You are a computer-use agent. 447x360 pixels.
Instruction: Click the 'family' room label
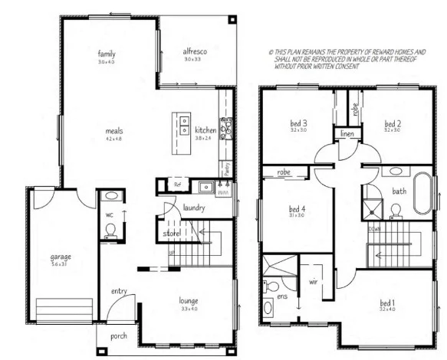[106, 54]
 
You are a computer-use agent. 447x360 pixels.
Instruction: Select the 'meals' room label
[114, 131]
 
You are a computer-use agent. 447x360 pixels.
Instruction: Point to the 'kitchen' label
[205, 129]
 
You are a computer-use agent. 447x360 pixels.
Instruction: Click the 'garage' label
[61, 256]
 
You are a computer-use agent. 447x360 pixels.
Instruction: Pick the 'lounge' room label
[189, 301]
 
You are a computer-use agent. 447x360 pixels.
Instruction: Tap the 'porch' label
[119, 335]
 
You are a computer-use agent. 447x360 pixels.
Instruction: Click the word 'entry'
[119, 290]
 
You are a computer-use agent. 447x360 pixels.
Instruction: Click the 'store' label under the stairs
[171, 233]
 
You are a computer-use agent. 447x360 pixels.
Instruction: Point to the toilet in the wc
[110, 230]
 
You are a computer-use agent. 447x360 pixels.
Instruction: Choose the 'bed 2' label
[393, 123]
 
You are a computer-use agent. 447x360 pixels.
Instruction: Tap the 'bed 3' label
[298, 123]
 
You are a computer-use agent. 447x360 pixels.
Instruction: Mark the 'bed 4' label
[297, 208]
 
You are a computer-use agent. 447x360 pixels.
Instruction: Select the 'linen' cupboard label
[346, 134]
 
